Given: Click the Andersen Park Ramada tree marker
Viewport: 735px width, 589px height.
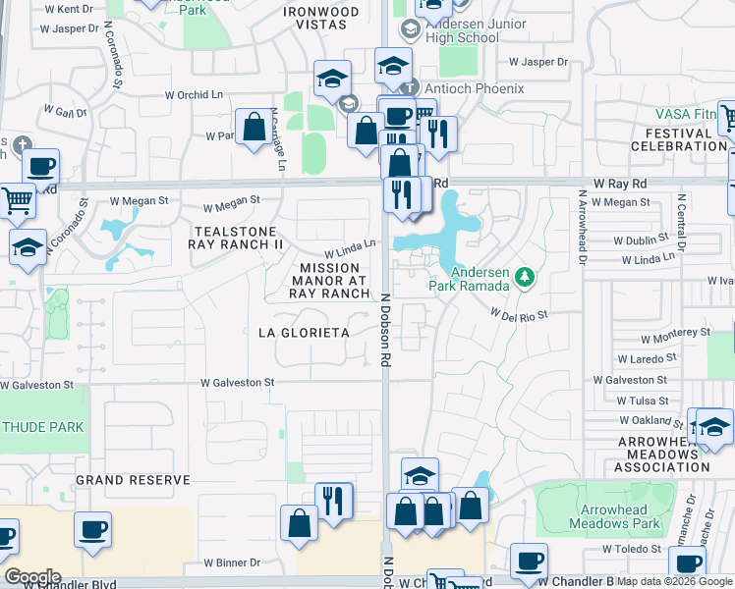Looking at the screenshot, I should click(524, 278).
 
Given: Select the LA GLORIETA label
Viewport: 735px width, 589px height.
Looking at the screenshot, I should click(304, 333).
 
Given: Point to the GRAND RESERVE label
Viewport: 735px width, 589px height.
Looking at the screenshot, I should click(133, 480).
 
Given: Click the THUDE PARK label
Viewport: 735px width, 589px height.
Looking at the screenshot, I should click(43, 427).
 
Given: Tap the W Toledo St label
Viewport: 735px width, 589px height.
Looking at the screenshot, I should click(634, 550).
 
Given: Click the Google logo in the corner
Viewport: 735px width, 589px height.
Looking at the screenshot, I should click(31, 577).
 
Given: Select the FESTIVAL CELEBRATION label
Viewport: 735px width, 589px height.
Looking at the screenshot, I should click(678, 138).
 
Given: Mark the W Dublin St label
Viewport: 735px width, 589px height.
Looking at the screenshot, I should click(645, 240).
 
